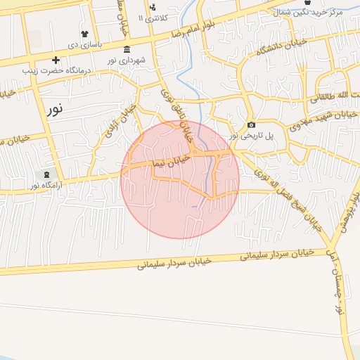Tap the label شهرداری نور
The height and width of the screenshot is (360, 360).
127,60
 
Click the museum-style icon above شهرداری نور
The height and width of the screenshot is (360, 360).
127,49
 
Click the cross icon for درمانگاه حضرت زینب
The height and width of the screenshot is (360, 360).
56,60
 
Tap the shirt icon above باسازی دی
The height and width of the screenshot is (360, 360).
85,33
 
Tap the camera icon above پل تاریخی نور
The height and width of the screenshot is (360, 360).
252,125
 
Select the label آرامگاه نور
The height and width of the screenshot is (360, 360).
44,185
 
